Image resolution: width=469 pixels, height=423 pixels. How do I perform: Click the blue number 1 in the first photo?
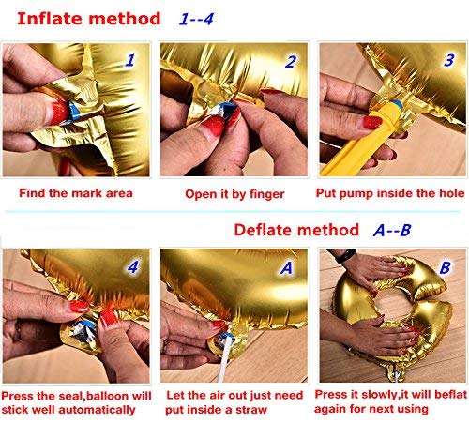pyautogui.click(x=130, y=60)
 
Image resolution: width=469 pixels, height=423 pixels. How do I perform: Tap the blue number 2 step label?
pyautogui.click(x=291, y=62)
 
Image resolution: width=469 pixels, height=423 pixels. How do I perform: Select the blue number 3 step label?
pyautogui.click(x=449, y=60)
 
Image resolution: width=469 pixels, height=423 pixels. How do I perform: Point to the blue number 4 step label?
pyautogui.click(x=133, y=267)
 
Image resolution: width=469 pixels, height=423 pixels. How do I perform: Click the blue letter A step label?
pyautogui.click(x=286, y=268)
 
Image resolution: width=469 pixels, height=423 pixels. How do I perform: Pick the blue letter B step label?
pyautogui.click(x=445, y=267)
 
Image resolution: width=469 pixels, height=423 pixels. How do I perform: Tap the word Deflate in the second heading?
pyautogui.click(x=264, y=230)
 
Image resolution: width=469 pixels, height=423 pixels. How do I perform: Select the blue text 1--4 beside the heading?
pyautogui.click(x=196, y=19)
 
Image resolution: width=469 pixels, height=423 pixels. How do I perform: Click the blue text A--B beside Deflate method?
pyautogui.click(x=392, y=231)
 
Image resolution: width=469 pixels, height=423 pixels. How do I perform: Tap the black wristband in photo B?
pyautogui.click(x=345, y=256)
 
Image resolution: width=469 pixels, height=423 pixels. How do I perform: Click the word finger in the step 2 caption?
pyautogui.click(x=267, y=194)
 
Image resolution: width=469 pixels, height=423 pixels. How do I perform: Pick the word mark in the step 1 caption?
pyautogui.click(x=88, y=193)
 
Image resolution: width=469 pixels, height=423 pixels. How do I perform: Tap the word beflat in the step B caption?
pyautogui.click(x=450, y=395)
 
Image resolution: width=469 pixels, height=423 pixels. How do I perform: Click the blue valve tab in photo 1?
pyautogui.click(x=74, y=111)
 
